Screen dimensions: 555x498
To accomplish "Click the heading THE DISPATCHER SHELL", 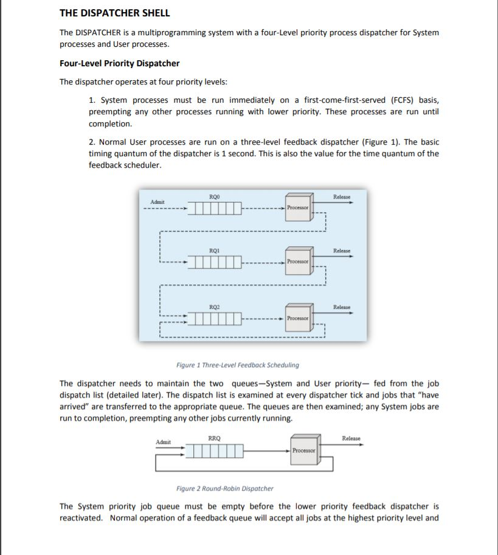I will tap(114, 13).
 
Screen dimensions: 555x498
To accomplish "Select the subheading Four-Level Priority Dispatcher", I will tap(119, 63).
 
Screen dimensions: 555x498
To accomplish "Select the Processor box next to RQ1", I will tap(298, 261).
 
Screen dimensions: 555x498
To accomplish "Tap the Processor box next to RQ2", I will tap(298, 318).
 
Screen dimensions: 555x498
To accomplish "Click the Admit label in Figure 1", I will tap(157, 201).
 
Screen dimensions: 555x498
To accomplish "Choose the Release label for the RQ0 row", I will tap(342, 197).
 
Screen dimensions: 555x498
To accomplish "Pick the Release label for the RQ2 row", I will tap(342, 307).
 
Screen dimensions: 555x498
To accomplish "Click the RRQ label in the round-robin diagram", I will tap(215, 438).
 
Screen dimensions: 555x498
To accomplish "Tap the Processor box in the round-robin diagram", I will tap(303, 450).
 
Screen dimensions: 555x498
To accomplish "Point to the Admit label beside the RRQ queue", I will tap(164, 442).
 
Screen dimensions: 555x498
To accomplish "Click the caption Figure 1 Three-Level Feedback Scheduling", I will tap(237, 365).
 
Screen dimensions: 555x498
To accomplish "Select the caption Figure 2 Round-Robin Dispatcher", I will tap(224, 488).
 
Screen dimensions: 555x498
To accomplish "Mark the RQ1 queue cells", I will tap(215, 262).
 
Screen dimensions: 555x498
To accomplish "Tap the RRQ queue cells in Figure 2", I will tap(215, 451).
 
